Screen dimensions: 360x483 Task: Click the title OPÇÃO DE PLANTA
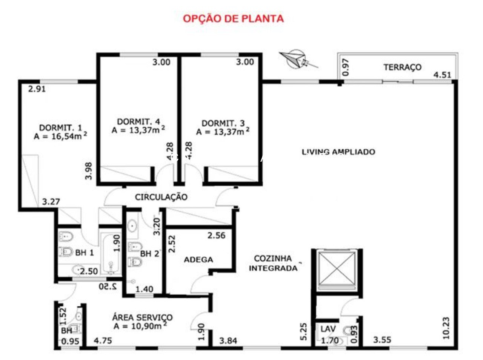tap(233, 18)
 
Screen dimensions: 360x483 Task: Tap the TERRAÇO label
tap(402, 67)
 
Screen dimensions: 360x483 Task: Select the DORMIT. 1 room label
tap(60, 127)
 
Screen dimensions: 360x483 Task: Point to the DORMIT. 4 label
tap(138, 122)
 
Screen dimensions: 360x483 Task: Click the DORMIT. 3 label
tap(223, 123)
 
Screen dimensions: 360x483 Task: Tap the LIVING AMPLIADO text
tap(338, 152)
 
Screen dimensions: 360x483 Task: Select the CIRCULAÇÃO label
tap(161, 197)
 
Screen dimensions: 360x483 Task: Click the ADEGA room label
tap(198, 260)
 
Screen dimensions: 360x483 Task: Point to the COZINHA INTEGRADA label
tap(273, 263)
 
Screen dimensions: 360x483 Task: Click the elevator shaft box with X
tap(337, 270)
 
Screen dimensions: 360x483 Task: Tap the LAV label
tap(328, 329)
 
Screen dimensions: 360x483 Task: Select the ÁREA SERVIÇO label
tap(142, 318)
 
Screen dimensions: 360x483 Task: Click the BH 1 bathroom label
tap(85, 253)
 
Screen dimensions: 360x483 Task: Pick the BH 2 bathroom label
tap(149, 254)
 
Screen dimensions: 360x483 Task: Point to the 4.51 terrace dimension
tap(442, 75)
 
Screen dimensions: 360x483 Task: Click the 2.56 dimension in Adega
tap(216, 236)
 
